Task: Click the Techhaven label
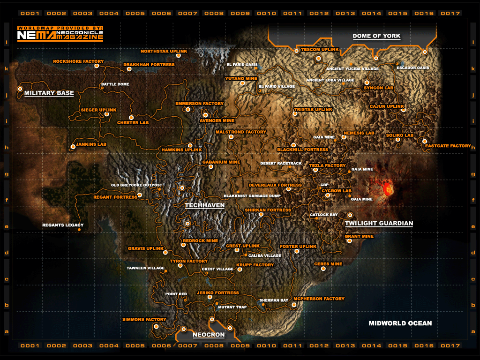click(204, 205)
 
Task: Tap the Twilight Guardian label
click(379, 224)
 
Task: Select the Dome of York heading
click(376, 36)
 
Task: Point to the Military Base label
click(49, 93)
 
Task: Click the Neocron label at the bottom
click(209, 335)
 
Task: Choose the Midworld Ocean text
click(400, 323)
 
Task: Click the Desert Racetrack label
click(281, 164)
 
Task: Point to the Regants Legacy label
click(63, 225)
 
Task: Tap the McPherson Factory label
click(319, 299)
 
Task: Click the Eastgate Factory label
click(448, 146)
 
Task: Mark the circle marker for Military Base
click(20, 88)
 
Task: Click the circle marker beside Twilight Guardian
click(350, 215)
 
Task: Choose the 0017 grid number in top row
click(450, 14)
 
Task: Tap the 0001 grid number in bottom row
click(30, 346)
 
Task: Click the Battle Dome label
click(115, 84)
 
